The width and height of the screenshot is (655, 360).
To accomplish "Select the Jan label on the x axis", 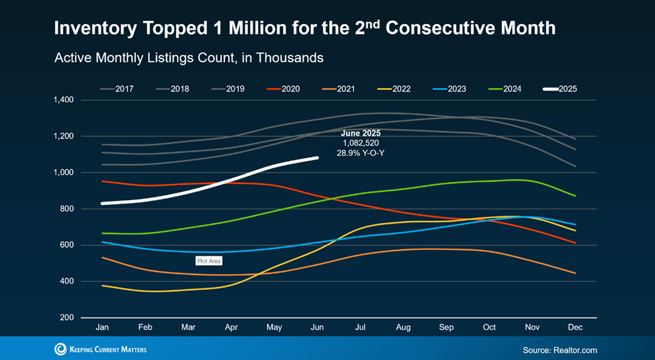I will [102, 327].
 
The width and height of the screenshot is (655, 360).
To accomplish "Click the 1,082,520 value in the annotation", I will [361, 143].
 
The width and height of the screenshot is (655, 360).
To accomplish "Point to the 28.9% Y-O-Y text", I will [361, 153].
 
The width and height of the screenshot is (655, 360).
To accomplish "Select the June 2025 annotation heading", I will [361, 133].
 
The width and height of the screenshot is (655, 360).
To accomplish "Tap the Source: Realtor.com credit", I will [560, 350].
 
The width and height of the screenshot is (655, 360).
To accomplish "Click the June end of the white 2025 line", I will [317, 159].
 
